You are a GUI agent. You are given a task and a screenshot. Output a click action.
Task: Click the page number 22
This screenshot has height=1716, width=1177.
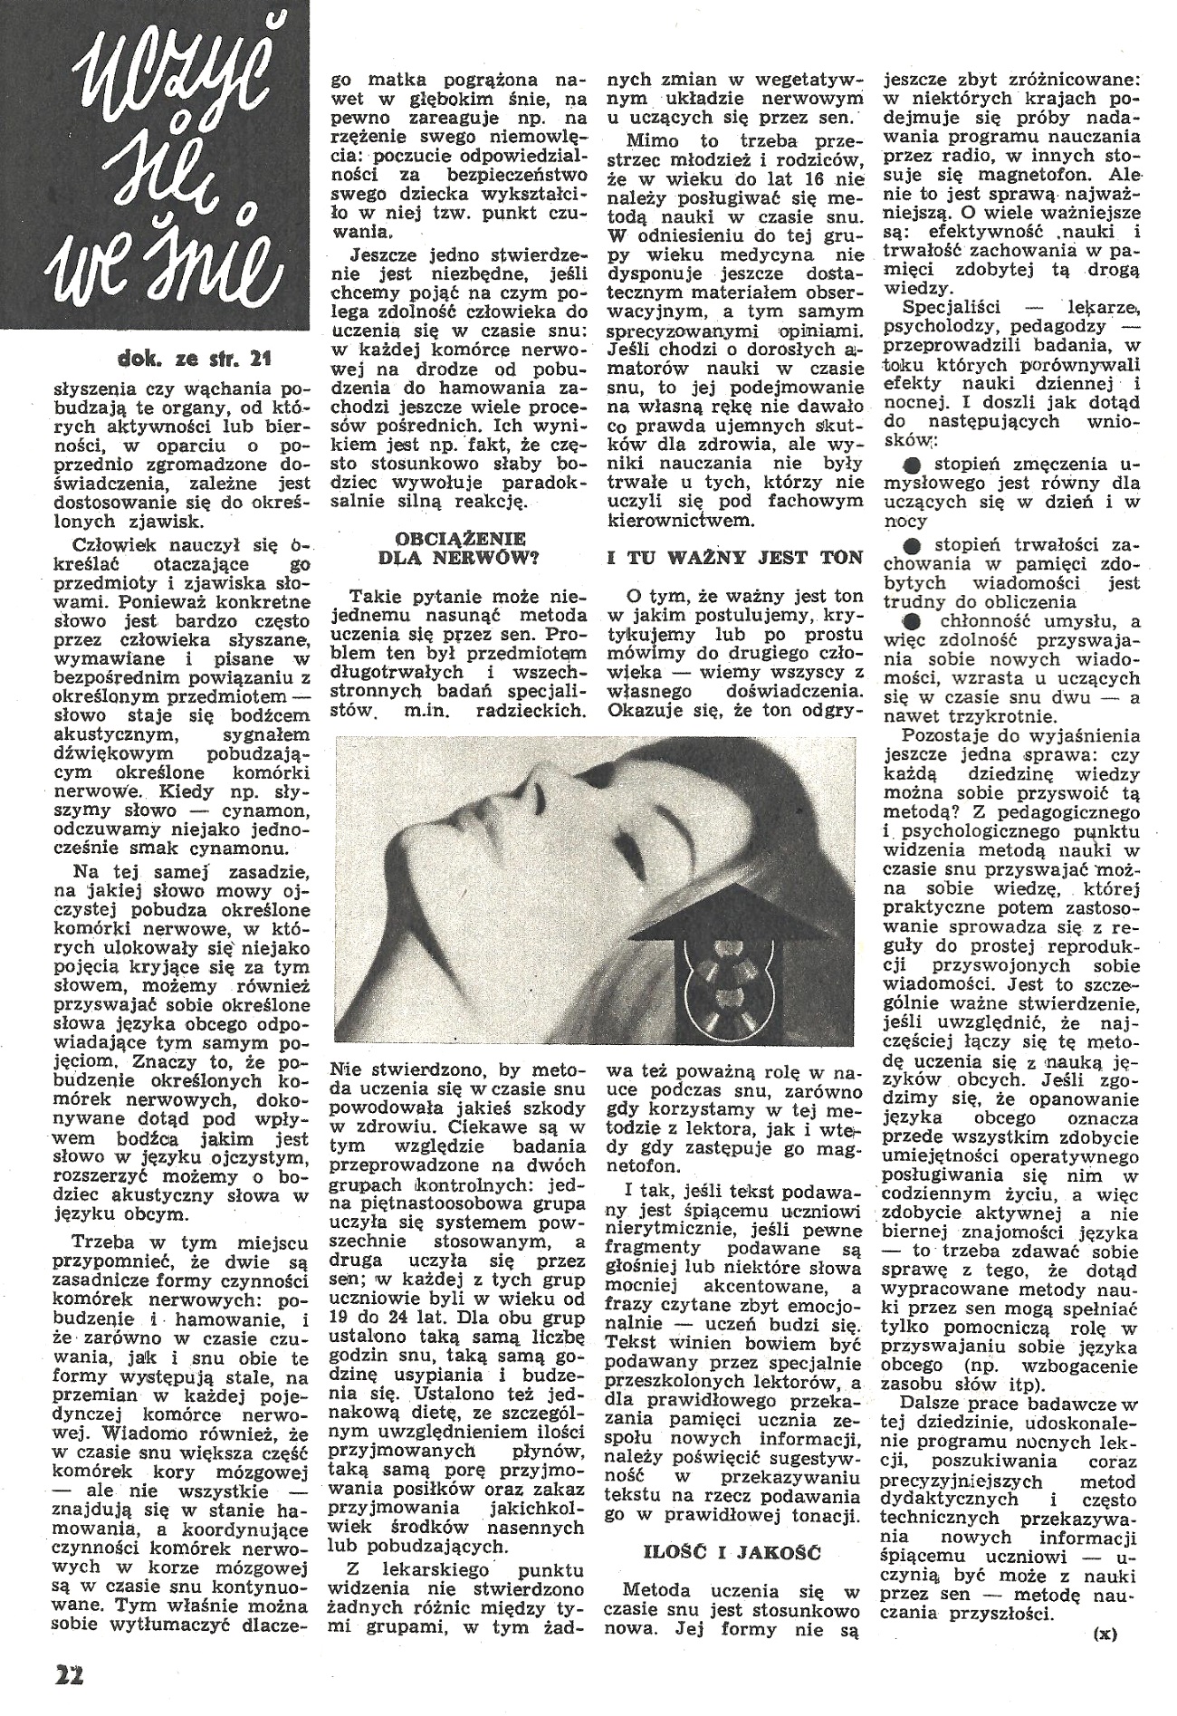pos(68,1675)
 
